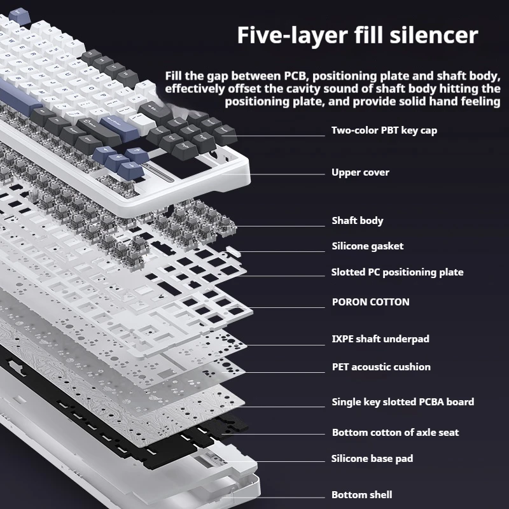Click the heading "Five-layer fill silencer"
pos(357,35)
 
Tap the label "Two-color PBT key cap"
pos(384,130)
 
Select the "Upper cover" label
pos(360,172)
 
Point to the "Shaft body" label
pos(357,221)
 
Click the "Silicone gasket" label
pos(367,246)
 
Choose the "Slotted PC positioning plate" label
pos(397,272)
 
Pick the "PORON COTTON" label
pos(370,302)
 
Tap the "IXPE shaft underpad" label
pos(380,339)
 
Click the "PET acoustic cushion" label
pos(380,367)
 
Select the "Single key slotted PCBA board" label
pos(402,402)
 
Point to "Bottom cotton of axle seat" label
pos(395,433)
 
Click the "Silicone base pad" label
pos(372,459)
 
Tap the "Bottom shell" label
pos(361,495)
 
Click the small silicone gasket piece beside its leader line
pos(230,251)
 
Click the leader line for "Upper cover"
pos(286,172)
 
